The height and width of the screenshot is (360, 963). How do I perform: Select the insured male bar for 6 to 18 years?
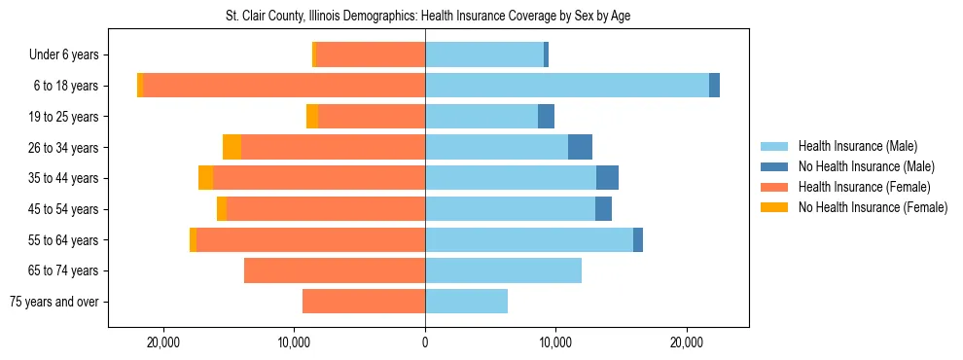[x=567, y=86]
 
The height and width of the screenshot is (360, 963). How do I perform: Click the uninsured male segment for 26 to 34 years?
[x=580, y=147]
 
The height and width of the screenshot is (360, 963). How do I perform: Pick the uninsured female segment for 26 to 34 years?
[x=232, y=147]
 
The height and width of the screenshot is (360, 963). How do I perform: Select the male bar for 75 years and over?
[x=466, y=302]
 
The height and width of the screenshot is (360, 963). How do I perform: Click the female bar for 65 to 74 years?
[x=335, y=270]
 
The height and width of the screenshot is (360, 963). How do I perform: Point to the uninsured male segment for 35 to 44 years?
[x=607, y=178]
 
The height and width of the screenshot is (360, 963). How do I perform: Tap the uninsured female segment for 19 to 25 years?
[x=312, y=117]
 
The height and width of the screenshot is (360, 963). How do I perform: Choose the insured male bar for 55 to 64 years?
[x=529, y=239]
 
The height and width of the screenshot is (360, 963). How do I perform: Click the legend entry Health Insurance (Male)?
[x=857, y=146]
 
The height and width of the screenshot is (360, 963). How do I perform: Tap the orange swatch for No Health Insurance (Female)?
[x=775, y=207]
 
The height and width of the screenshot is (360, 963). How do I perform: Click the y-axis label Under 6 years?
[x=69, y=54]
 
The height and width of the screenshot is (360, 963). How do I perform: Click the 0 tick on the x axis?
[x=425, y=342]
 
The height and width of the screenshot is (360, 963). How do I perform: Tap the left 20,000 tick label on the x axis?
[x=162, y=342]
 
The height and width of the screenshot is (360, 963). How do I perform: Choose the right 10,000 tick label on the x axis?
[x=555, y=342]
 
